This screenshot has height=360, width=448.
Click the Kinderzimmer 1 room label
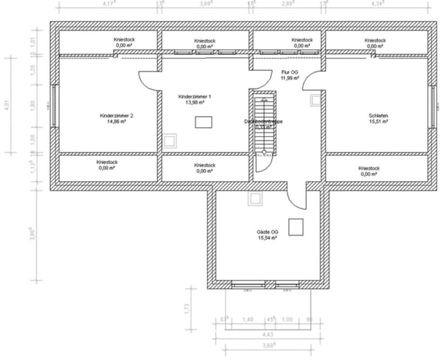pyautogui.click(x=195, y=97)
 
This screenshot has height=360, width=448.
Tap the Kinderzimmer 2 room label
pyautogui.click(x=116, y=115)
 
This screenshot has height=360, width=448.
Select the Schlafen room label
pyautogui.click(x=378, y=115)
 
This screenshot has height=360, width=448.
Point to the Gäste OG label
pyautogui.click(x=267, y=232)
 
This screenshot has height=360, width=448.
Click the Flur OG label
pyautogui.click(x=290, y=72)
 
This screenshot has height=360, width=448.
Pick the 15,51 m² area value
pyautogui.click(x=378, y=121)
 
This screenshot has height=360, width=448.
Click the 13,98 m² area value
pyautogui.click(x=195, y=102)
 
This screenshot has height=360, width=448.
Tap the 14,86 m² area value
pyautogui.click(x=116, y=121)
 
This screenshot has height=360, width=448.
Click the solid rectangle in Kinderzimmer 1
pyautogui.click(x=203, y=122)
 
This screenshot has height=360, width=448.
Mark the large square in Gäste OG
pyautogui.click(x=295, y=227)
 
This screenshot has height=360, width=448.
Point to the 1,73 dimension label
pyautogui.click(x=187, y=309)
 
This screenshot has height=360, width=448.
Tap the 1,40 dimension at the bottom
pyautogui.click(x=248, y=319)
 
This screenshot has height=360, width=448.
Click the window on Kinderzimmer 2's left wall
pyautogui.click(x=55, y=106)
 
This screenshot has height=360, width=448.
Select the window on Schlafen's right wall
pyautogui.click(x=433, y=106)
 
